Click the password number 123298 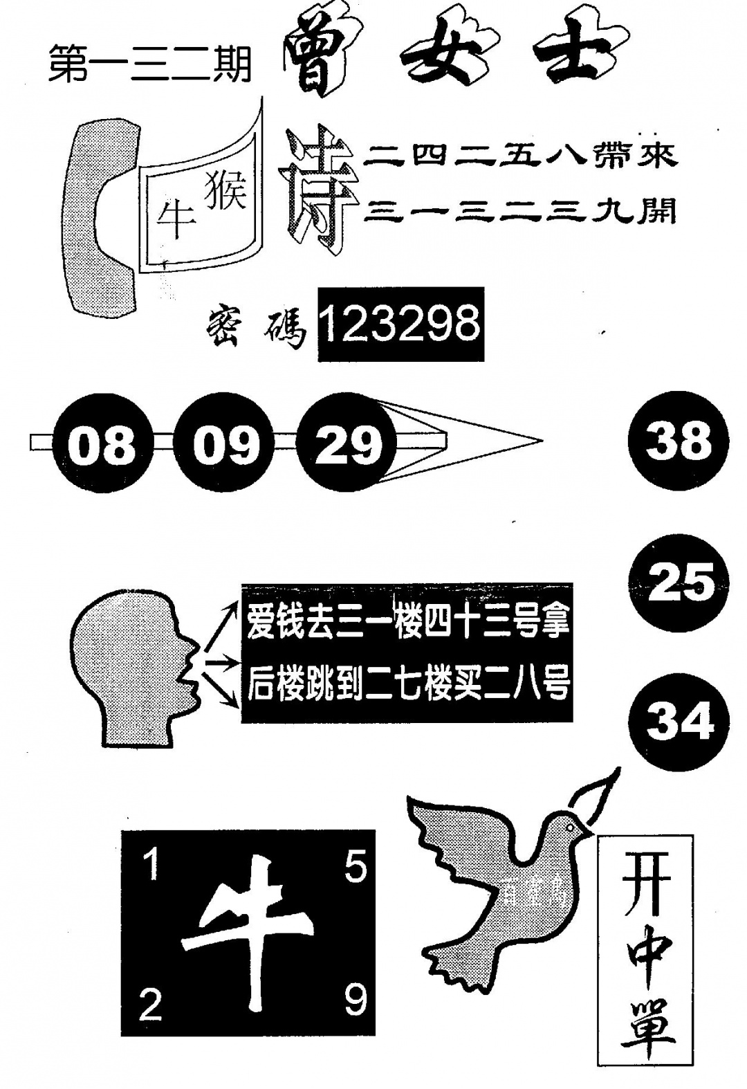pyautogui.click(x=400, y=324)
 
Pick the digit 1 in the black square pyautogui.click(x=149, y=865)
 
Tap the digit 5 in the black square pyautogui.click(x=355, y=865)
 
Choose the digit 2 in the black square pyautogui.click(x=149, y=1005)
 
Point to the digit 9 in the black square pyautogui.click(x=355, y=1000)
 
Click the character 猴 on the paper pyautogui.click(x=225, y=190)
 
